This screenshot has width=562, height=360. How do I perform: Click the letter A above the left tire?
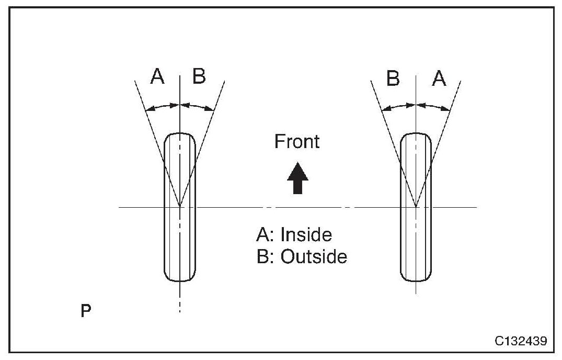[x=157, y=77]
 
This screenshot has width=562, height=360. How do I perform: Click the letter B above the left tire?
[x=199, y=77]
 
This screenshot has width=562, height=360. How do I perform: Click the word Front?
[x=297, y=142]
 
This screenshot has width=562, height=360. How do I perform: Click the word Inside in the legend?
[x=306, y=235]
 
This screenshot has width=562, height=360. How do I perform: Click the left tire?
[x=180, y=241]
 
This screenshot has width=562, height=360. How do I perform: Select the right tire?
[x=416, y=241]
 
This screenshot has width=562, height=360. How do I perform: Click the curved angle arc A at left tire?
[x=163, y=107]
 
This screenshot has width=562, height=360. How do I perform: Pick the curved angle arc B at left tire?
[x=197, y=107]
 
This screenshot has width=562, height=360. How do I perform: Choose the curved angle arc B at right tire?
[x=399, y=107]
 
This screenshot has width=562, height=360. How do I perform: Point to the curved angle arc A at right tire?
[x=433, y=107]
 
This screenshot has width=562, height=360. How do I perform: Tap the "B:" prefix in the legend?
[x=265, y=257]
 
